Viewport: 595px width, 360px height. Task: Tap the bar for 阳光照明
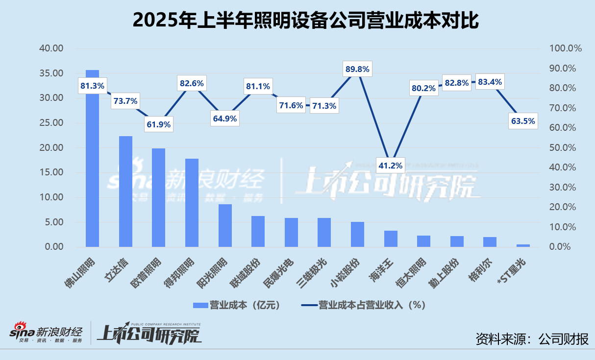tap(225, 225)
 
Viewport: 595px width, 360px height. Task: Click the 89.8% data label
tap(357, 69)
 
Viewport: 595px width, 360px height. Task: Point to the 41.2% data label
tap(391, 166)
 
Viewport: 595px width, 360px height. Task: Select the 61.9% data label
tap(158, 124)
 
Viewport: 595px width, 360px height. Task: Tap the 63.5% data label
tap(523, 121)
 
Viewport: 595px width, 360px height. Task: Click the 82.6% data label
tap(192, 83)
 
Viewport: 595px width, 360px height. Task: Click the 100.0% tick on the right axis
tap(565, 48)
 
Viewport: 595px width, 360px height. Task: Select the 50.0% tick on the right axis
tap(563, 148)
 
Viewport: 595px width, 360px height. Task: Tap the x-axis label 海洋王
tap(382, 267)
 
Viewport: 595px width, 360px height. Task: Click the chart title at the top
tap(297, 21)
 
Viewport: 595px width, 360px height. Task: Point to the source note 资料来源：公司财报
tap(532, 338)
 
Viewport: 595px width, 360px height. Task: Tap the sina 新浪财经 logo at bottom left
tap(47, 334)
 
